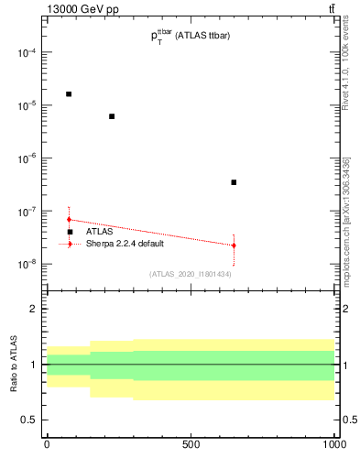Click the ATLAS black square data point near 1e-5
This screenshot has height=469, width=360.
69,93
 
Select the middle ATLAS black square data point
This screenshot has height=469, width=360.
112,116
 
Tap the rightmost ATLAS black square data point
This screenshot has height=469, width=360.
234,182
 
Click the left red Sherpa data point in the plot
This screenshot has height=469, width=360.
69,220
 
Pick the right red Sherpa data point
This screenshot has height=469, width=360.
234,245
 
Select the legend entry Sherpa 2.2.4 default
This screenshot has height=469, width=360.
125,244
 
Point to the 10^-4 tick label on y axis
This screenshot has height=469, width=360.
24,53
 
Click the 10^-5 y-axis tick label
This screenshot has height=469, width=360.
24,105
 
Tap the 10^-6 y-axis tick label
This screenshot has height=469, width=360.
24,158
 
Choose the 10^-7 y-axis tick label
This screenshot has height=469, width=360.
24,212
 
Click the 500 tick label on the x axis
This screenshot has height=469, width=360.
191,444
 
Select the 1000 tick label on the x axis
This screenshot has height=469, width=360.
334,444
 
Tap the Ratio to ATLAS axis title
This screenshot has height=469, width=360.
14,364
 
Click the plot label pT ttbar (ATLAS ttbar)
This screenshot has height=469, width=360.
191,36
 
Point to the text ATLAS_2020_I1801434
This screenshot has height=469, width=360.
191,274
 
